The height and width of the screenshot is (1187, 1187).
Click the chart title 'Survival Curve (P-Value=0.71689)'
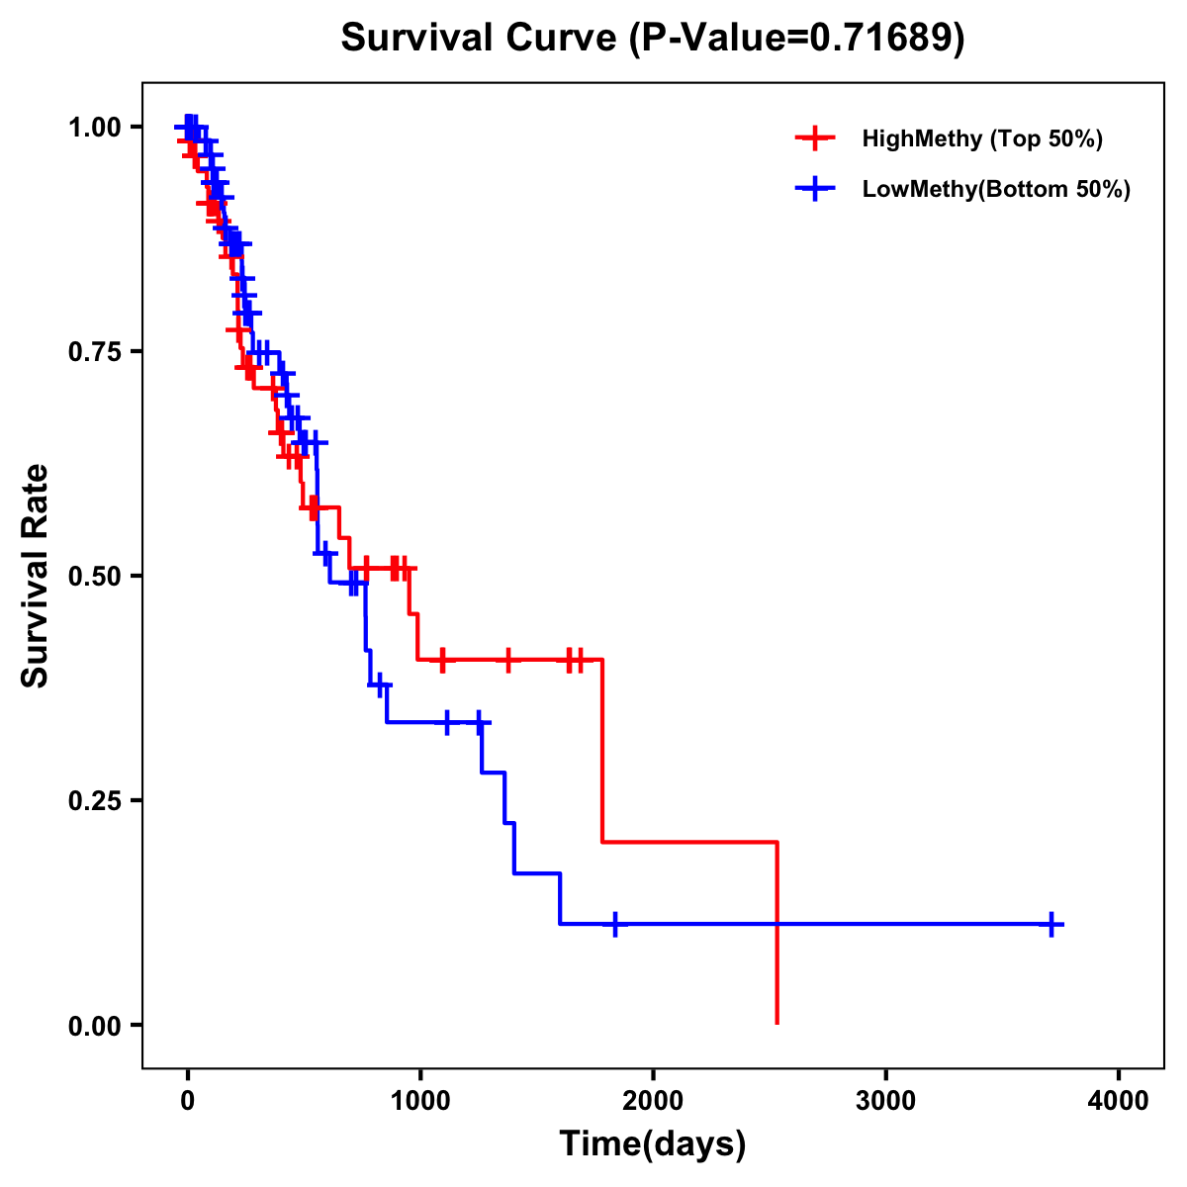[x=652, y=39]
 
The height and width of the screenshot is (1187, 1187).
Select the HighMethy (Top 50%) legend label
[x=981, y=138]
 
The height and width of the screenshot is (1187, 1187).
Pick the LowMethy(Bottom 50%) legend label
[x=996, y=189]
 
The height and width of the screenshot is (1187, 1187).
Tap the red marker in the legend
[x=815, y=138]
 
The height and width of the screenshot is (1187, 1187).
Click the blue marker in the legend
[x=815, y=189]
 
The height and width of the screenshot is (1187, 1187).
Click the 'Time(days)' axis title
[x=652, y=1144]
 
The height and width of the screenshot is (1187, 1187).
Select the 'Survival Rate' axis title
[x=36, y=576]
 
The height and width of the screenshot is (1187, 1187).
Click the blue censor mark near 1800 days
[x=615, y=924]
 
